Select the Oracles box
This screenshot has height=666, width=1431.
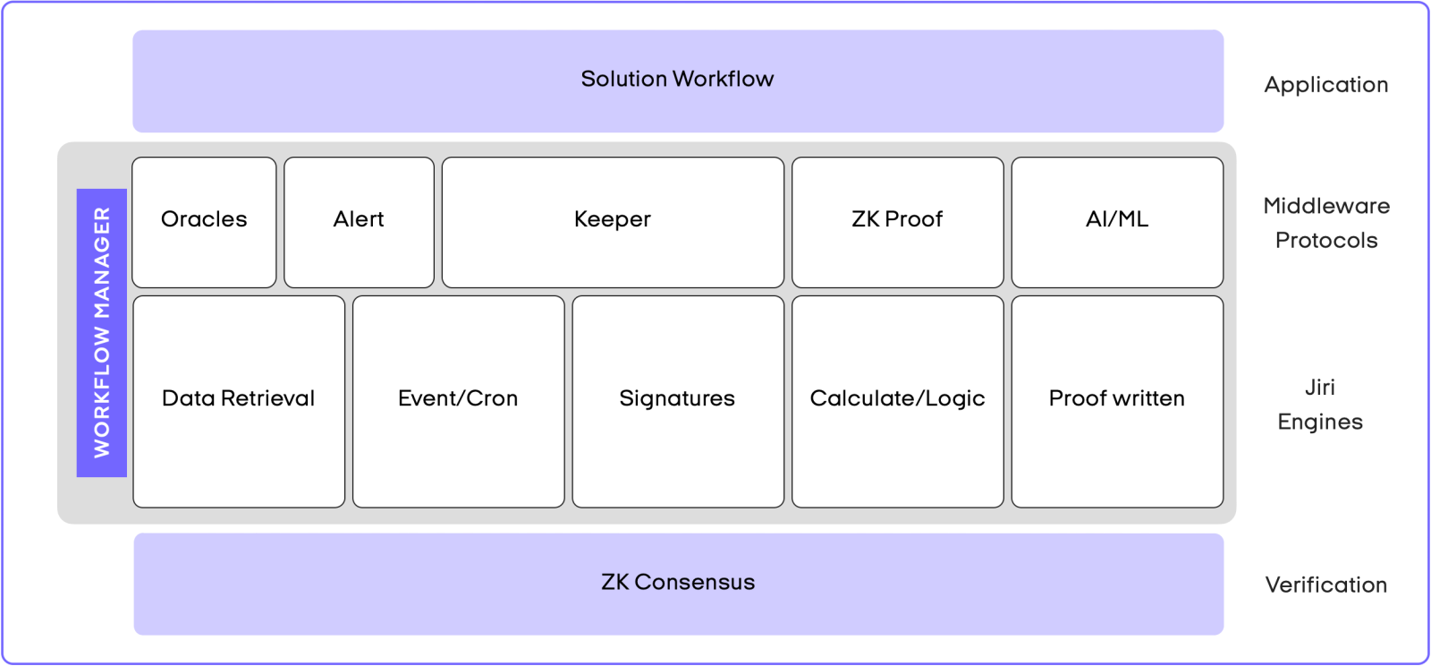point(204,222)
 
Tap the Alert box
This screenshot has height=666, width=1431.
point(359,222)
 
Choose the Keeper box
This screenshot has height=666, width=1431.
point(613,222)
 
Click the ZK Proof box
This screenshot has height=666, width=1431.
point(897,222)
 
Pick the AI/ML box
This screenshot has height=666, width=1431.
point(1117,222)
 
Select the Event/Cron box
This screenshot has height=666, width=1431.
point(458,401)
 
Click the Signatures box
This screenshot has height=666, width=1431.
point(677,401)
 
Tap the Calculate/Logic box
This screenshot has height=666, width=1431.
point(897,401)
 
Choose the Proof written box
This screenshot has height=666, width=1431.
point(1117,401)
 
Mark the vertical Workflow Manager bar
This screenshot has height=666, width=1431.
point(102,332)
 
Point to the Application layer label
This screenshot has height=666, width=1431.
point(1326,85)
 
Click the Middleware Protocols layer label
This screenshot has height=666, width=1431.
point(1326,223)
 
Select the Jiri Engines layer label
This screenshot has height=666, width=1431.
point(1320,405)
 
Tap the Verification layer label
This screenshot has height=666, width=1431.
point(1326,585)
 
